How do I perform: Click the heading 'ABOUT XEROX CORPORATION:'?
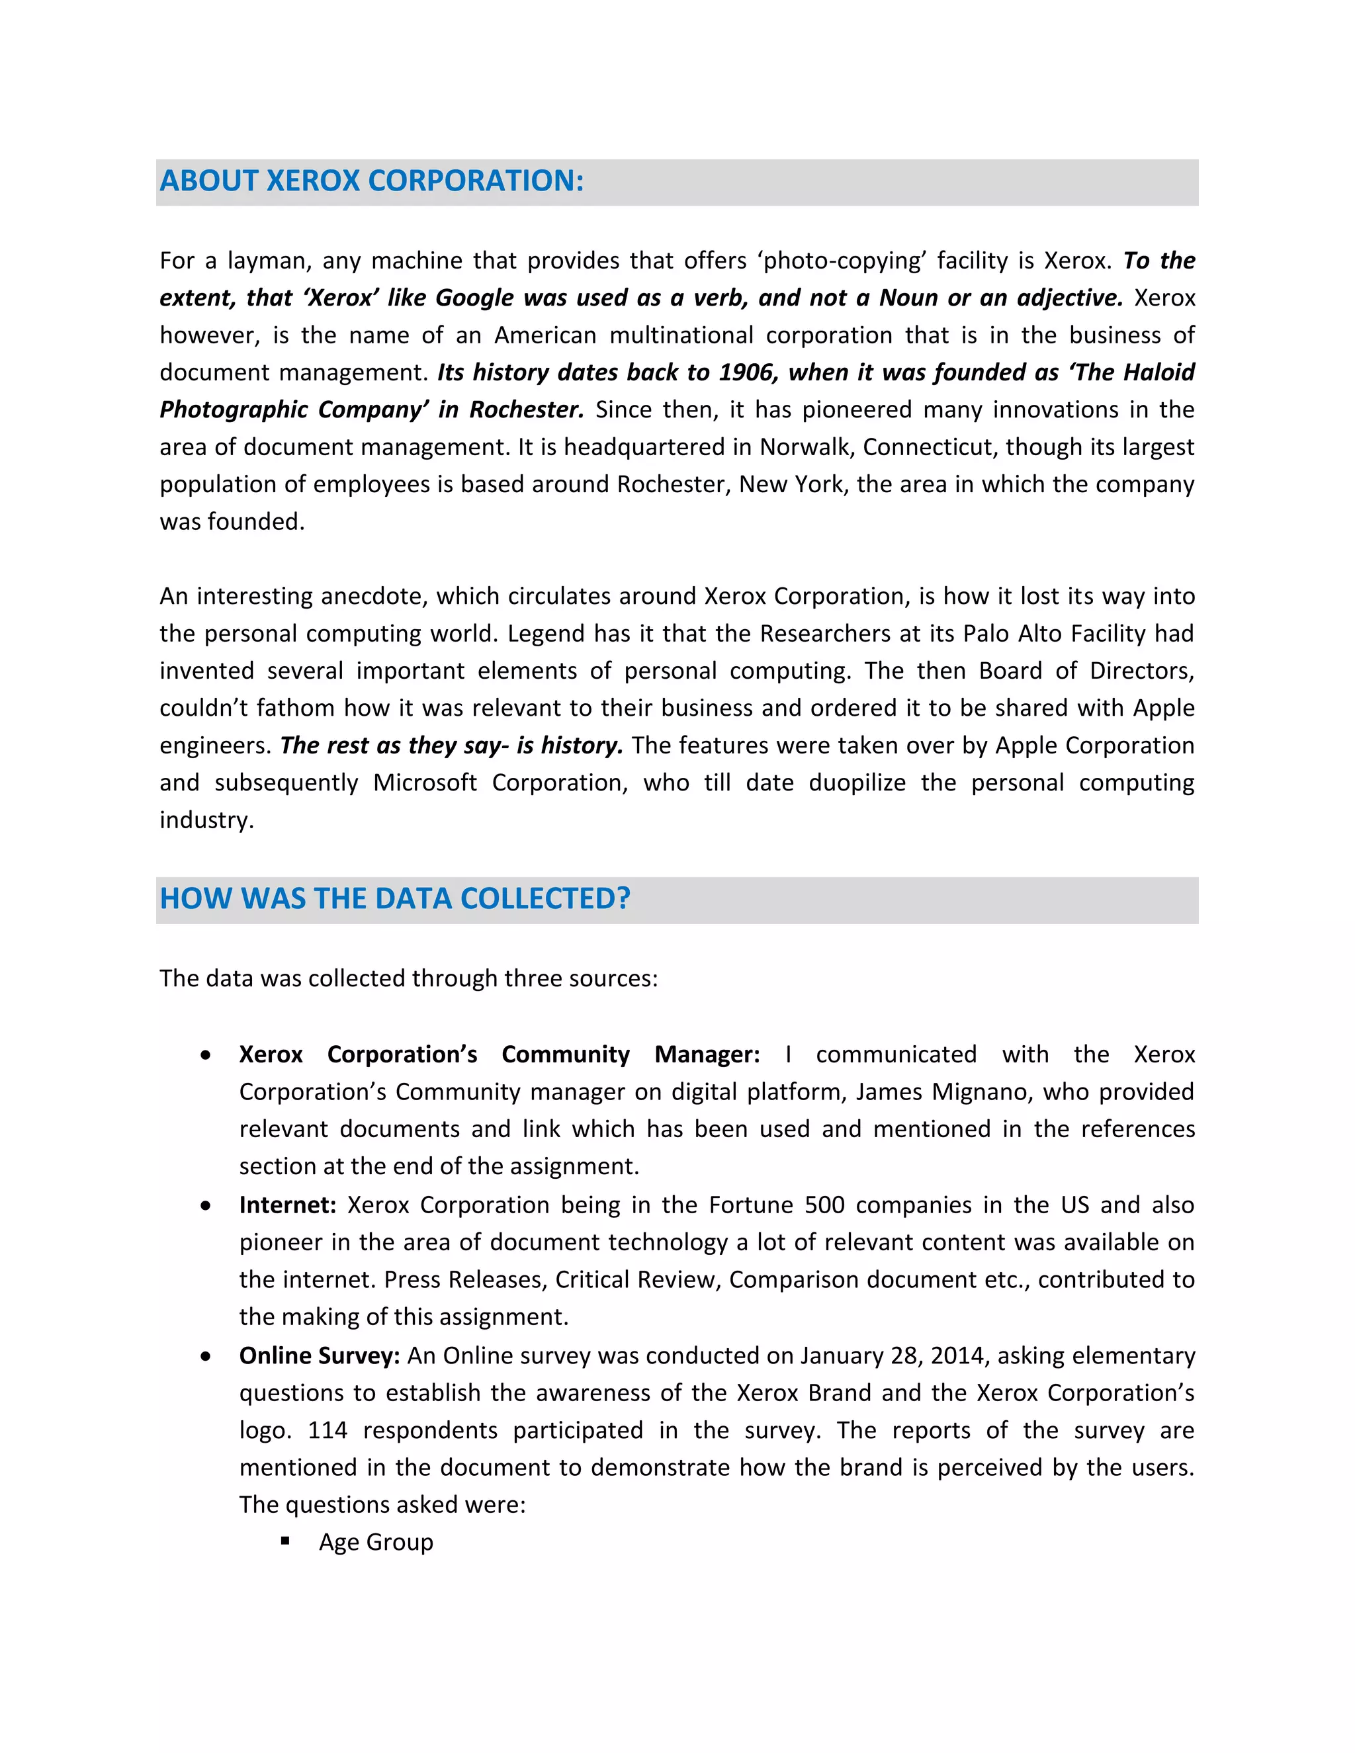click(x=371, y=181)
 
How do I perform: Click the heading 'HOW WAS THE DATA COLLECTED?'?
click(x=394, y=898)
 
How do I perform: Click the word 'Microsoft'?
click(x=425, y=783)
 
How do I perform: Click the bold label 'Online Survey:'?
click(x=319, y=1355)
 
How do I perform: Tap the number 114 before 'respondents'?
click(x=328, y=1430)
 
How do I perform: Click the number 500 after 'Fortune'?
click(x=824, y=1205)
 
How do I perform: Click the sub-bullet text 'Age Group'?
click(x=376, y=1542)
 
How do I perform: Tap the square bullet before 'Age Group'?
click(x=285, y=1541)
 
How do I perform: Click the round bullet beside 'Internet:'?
click(x=206, y=1205)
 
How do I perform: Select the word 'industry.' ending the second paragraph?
click(x=206, y=820)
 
